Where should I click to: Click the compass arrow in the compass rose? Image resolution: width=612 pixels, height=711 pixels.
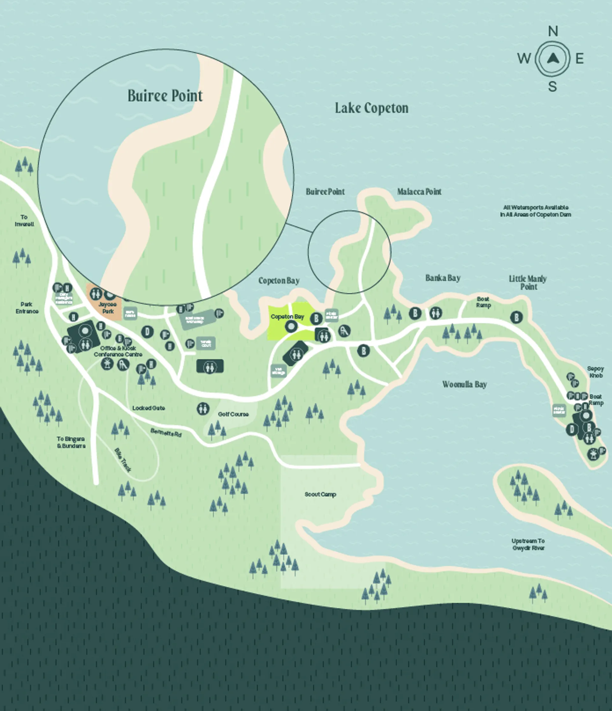pyautogui.click(x=553, y=59)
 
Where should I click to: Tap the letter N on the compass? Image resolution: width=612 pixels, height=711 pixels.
pyautogui.click(x=553, y=32)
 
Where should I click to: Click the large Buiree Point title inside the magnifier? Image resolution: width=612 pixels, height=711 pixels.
pyautogui.click(x=165, y=96)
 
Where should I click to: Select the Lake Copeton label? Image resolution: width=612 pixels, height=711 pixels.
pyautogui.click(x=371, y=108)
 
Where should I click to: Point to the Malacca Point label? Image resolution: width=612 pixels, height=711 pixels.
pyautogui.click(x=419, y=192)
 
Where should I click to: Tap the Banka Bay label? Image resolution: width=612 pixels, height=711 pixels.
pyautogui.click(x=443, y=278)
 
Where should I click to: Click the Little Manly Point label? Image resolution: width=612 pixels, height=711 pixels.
pyautogui.click(x=528, y=282)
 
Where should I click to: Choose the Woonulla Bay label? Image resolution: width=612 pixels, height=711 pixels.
pyautogui.click(x=464, y=384)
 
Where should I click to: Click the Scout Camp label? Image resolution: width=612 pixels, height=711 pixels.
pyautogui.click(x=320, y=494)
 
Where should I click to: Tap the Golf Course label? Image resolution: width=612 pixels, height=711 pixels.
pyautogui.click(x=233, y=414)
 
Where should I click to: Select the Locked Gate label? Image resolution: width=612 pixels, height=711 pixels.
pyautogui.click(x=149, y=408)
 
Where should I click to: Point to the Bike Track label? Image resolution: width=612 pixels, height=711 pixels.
pyautogui.click(x=122, y=460)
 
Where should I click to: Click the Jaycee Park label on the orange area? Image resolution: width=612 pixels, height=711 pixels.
pyautogui.click(x=108, y=308)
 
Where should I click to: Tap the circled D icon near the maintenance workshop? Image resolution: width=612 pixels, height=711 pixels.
pyautogui.click(x=148, y=332)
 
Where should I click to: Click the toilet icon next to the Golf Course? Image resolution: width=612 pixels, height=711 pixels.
pyautogui.click(x=203, y=409)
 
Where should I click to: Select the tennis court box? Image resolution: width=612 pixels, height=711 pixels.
pyautogui.click(x=206, y=343)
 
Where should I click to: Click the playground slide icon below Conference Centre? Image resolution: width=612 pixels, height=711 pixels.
pyautogui.click(x=123, y=364)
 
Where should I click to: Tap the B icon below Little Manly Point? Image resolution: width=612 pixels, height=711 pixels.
pyautogui.click(x=516, y=317)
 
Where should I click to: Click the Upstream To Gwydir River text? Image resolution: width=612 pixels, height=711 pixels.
pyautogui.click(x=528, y=544)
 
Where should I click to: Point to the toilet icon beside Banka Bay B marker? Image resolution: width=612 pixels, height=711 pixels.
pyautogui.click(x=435, y=313)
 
